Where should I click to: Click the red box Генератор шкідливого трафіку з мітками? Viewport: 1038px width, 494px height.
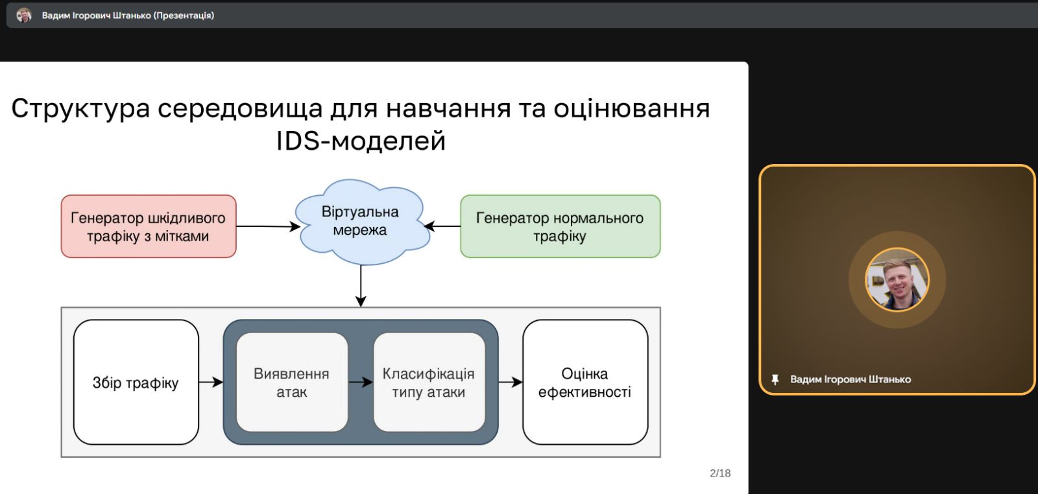148,226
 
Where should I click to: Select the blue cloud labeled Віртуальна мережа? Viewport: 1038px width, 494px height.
360,222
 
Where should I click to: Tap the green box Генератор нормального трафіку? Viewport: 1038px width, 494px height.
560,226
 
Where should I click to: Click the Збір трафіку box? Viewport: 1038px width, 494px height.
136,382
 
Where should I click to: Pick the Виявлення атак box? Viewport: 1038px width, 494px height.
291,382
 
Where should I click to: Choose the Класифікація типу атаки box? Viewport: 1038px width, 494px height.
429,382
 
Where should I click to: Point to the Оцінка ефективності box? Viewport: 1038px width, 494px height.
585,382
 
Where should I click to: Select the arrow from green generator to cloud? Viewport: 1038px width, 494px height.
442,226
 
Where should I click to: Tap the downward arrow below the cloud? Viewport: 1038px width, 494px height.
361,285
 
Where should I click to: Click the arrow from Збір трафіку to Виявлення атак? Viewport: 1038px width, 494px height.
211,382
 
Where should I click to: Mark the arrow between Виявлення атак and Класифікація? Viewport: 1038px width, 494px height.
361,382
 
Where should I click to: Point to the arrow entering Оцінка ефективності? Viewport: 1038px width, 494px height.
511,382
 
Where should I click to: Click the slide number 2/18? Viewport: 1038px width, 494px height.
720,473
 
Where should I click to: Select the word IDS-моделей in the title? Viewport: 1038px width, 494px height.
361,141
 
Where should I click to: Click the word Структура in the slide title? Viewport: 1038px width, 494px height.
80,108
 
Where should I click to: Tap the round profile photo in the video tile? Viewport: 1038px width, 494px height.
897,279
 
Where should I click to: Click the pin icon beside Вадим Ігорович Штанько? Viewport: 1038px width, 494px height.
775,379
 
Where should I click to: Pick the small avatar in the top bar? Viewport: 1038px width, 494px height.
24,15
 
